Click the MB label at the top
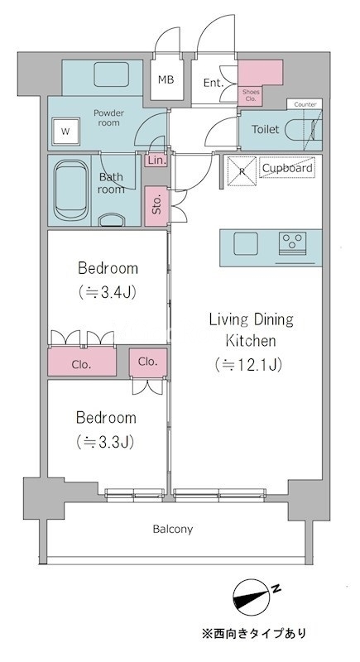point(166,79)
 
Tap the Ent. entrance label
point(214,83)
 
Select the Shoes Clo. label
point(251,95)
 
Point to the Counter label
point(305,104)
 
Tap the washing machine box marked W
point(65,131)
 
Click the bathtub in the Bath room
point(71,190)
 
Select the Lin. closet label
point(156,161)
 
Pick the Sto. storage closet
point(156,205)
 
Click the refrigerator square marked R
point(242,171)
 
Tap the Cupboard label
point(287,168)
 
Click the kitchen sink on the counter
point(246,244)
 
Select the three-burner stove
point(292,243)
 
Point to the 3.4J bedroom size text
point(108,292)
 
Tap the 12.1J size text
point(247,364)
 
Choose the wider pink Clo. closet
point(82,362)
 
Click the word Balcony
point(173,529)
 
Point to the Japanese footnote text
point(253,633)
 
